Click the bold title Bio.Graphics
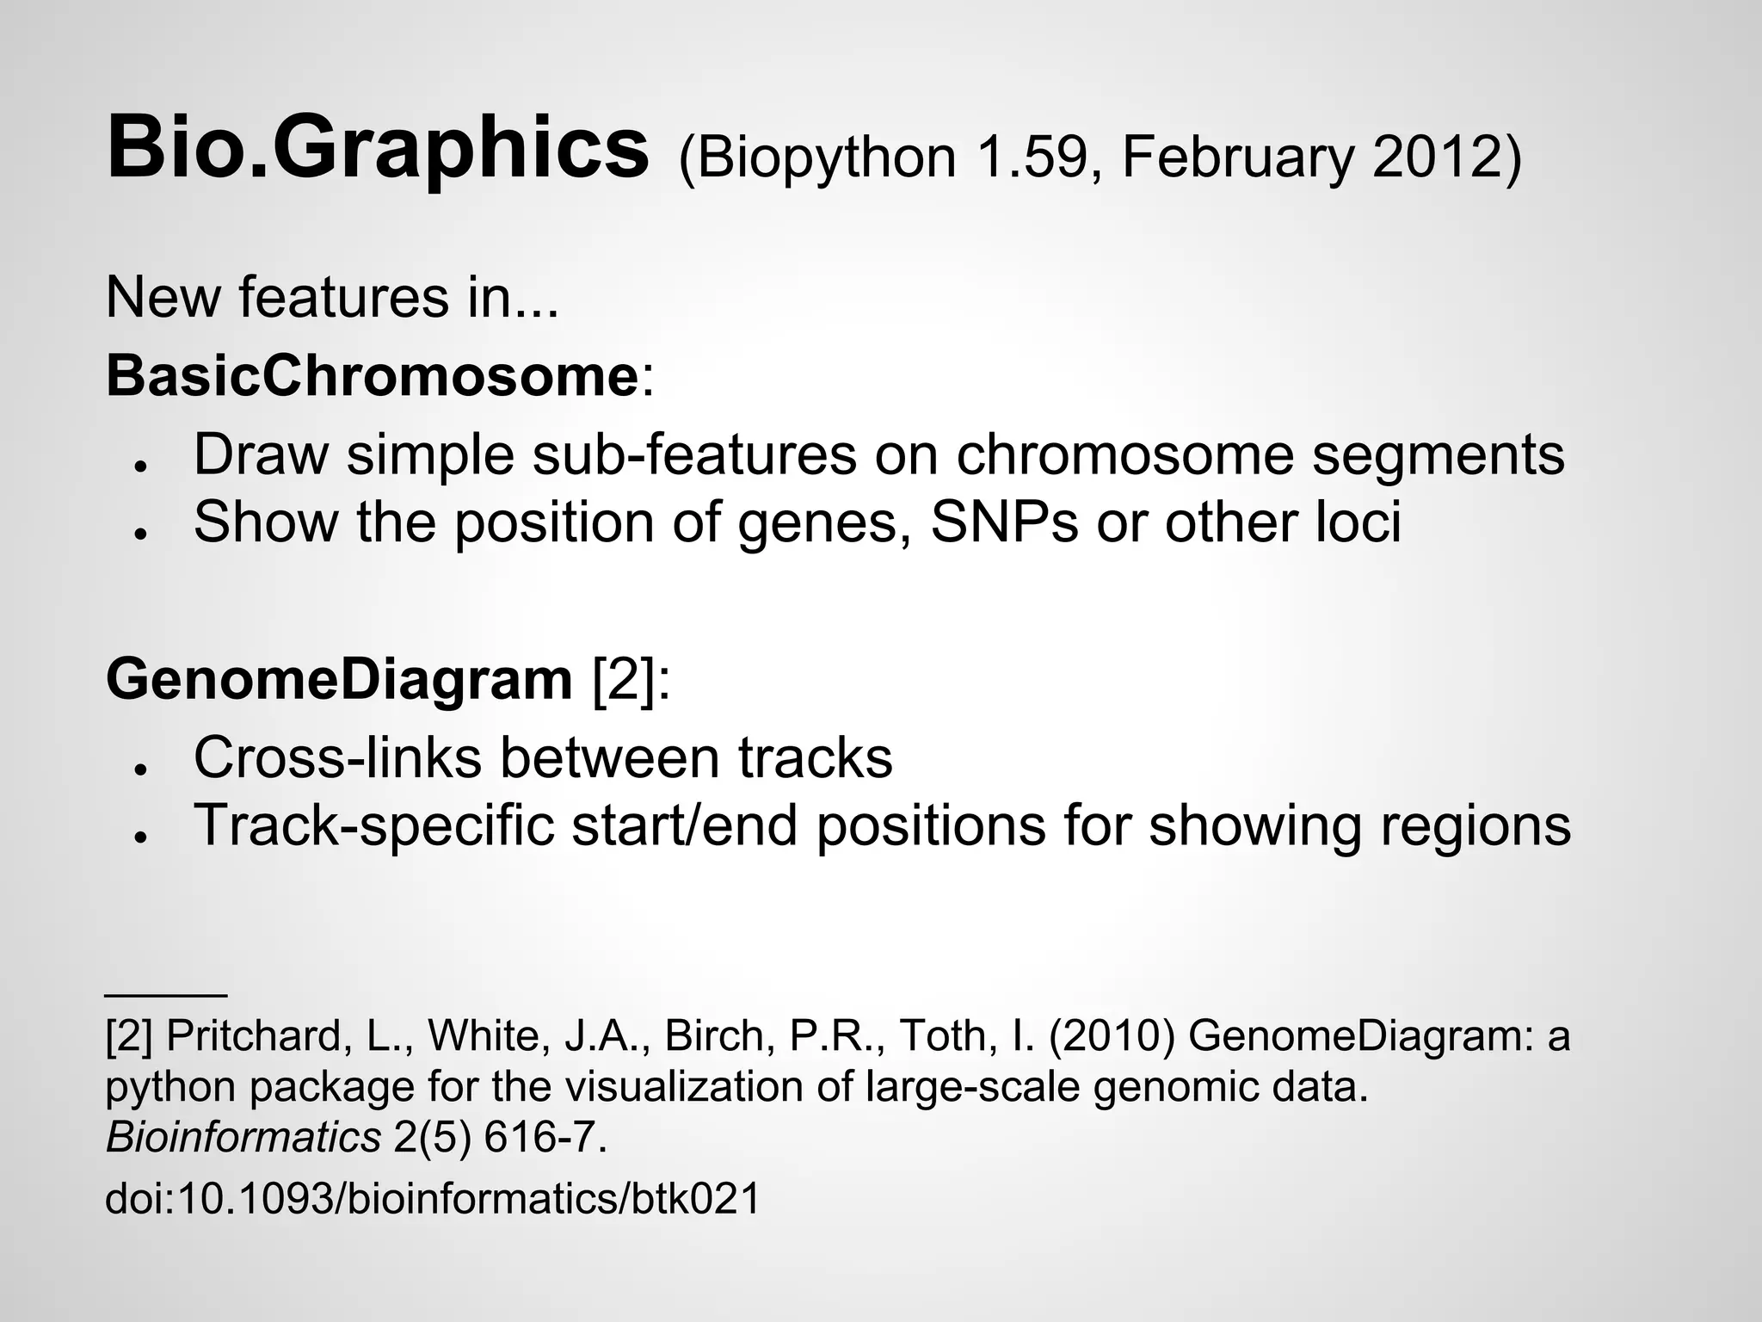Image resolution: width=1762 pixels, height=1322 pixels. pos(377,148)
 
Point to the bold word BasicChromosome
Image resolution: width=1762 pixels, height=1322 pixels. pos(372,376)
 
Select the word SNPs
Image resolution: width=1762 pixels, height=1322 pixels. pos(1004,522)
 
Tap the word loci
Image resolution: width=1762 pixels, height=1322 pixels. pos(1359,522)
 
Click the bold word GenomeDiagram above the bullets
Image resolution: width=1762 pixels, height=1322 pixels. pos(339,679)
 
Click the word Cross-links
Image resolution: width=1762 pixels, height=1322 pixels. pos(337,757)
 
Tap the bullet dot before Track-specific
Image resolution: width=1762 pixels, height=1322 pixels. pos(138,836)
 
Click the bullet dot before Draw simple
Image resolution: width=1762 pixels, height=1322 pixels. pos(138,465)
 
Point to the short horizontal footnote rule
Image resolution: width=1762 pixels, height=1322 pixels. pos(165,995)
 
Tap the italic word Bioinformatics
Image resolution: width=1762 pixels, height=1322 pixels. pos(243,1137)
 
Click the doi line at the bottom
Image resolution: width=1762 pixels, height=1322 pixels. pos(433,1198)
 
